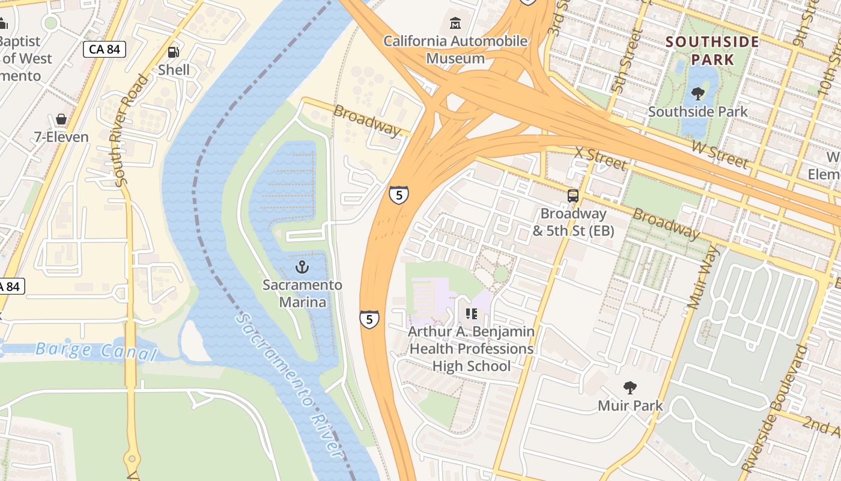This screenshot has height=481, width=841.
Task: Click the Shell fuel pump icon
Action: [x=173, y=52]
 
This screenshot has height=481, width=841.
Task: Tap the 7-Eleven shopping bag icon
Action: [x=61, y=119]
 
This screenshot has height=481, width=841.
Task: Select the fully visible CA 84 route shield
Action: [x=104, y=49]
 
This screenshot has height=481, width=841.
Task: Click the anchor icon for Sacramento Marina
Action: [x=302, y=267]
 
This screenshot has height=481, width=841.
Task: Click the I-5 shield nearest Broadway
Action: [x=399, y=194]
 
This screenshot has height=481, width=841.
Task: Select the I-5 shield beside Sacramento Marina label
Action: [x=369, y=319]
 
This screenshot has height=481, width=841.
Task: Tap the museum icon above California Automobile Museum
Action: [x=455, y=24]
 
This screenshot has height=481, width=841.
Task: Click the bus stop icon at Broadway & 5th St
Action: [x=573, y=195]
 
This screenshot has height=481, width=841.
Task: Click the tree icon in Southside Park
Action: [x=697, y=93]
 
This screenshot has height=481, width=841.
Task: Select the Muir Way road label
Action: [x=702, y=277]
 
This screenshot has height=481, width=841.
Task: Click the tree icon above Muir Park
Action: [x=630, y=387]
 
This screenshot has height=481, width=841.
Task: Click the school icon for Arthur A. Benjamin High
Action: [x=471, y=313]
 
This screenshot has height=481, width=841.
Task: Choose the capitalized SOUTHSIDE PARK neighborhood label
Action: [x=712, y=51]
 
